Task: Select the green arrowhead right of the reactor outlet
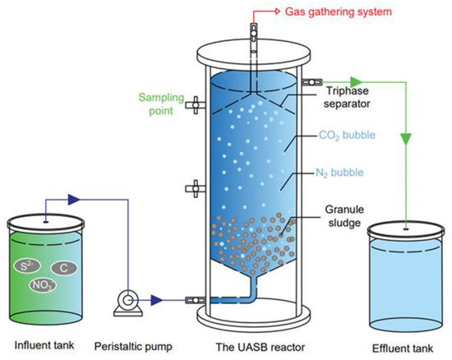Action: [356, 82]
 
